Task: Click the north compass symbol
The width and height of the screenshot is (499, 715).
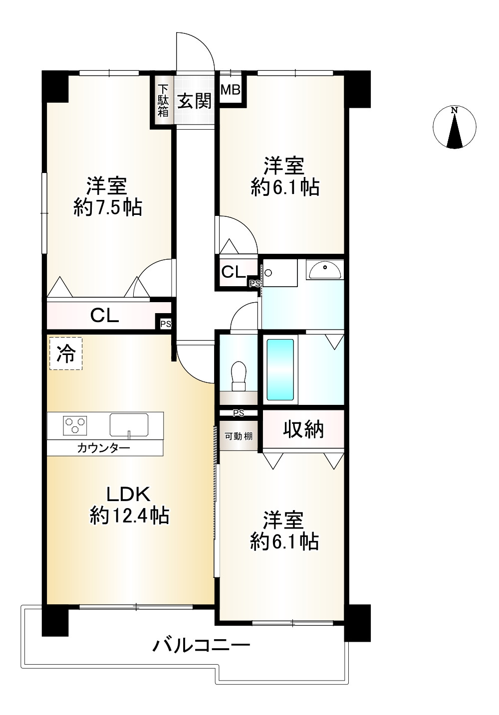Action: (454, 128)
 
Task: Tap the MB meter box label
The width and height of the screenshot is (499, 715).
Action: (231, 91)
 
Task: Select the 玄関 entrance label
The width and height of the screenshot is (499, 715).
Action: (195, 101)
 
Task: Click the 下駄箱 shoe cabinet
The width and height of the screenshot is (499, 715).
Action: (163, 101)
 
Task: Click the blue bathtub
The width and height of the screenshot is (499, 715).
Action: (280, 369)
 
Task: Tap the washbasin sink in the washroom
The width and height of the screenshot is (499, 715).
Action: (325, 270)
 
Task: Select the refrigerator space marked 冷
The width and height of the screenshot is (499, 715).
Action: (66, 354)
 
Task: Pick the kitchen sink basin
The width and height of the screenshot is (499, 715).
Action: (129, 425)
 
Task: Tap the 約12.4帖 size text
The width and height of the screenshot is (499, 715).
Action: (129, 516)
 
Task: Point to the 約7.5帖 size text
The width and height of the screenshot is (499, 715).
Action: (108, 207)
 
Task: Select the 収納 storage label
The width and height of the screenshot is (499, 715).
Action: (303, 430)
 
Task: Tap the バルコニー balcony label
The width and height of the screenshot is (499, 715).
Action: (201, 647)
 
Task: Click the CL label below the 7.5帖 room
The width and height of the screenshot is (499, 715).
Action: (104, 315)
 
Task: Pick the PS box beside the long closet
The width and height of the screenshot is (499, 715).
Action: (165, 324)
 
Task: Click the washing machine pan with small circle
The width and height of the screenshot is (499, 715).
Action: (279, 273)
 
